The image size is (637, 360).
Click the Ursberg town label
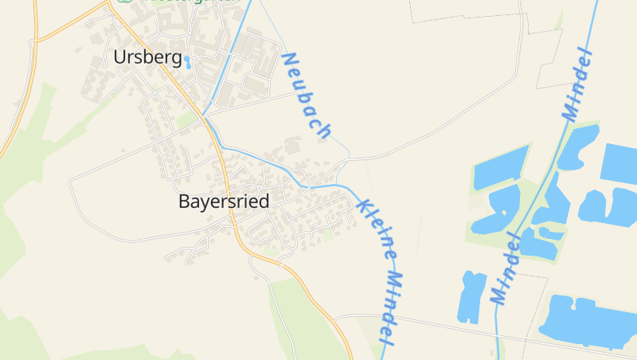(x=148, y=57)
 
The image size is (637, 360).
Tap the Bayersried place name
(x=224, y=202)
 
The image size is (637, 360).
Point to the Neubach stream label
(x=306, y=96)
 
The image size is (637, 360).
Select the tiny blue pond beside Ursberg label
(x=188, y=61)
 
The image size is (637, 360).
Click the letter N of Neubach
(x=288, y=60)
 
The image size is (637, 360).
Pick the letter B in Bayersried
(x=184, y=202)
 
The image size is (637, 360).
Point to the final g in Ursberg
(x=177, y=59)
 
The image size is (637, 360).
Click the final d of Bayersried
(x=264, y=202)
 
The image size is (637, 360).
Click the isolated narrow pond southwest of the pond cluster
(x=472, y=296)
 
